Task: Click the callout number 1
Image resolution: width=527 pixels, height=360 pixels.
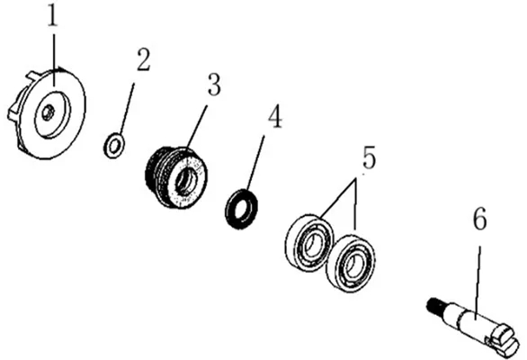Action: (52, 16)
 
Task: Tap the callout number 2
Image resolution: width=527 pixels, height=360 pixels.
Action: (144, 59)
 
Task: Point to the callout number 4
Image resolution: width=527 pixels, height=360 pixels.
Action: (275, 116)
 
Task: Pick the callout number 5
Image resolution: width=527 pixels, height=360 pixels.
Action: (369, 157)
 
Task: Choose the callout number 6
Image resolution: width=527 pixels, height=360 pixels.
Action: (479, 219)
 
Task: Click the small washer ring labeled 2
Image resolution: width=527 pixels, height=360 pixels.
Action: (114, 146)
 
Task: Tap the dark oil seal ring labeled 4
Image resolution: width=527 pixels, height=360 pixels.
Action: (241, 209)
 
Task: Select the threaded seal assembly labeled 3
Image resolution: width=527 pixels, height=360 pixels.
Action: (176, 177)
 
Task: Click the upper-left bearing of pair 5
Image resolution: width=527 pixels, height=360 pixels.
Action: (309, 242)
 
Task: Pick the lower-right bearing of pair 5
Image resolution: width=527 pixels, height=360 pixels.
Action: (351, 264)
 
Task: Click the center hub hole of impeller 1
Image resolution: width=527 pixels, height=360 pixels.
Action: (48, 112)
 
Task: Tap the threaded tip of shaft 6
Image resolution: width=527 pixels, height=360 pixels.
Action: (434, 305)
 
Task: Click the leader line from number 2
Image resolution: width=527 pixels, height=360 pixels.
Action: (127, 109)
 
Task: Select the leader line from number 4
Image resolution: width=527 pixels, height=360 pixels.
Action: (255, 163)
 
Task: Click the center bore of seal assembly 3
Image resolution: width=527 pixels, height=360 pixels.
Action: (186, 182)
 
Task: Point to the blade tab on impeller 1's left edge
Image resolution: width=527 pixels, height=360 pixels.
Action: (13, 112)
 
